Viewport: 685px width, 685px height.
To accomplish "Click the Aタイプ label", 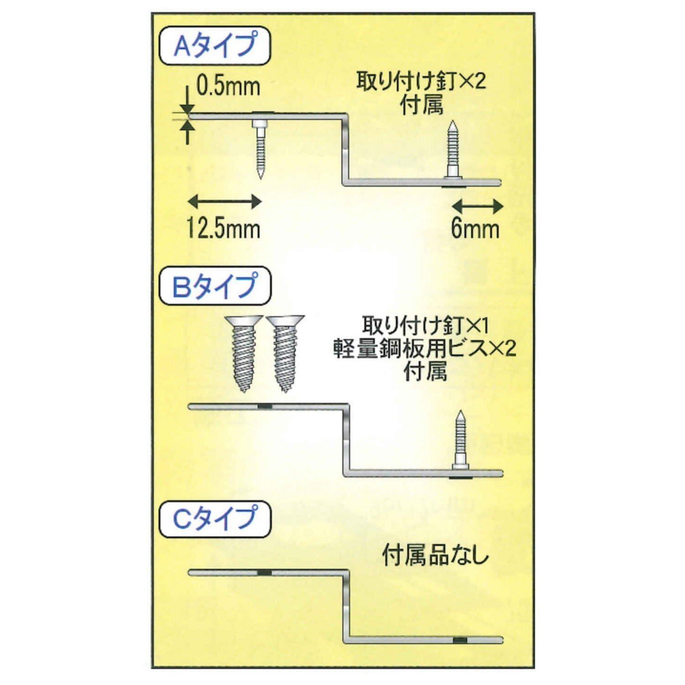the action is pos(214,46).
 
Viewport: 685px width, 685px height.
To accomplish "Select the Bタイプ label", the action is pos(215,286).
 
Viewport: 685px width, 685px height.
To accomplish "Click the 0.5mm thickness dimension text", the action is pos(228,86).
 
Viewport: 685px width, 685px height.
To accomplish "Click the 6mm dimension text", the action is pos(475,228).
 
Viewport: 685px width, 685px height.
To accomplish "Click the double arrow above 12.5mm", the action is pos(224,201).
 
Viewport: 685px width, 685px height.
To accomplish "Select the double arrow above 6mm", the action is pos(477,206).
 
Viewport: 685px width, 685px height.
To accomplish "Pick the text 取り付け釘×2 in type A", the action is pos(421,83).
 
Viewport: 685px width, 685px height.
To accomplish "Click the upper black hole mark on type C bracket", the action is pos(264,573).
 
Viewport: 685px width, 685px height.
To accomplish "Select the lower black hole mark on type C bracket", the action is pos(460,640).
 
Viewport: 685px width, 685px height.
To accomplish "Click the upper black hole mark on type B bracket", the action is pos(264,406).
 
